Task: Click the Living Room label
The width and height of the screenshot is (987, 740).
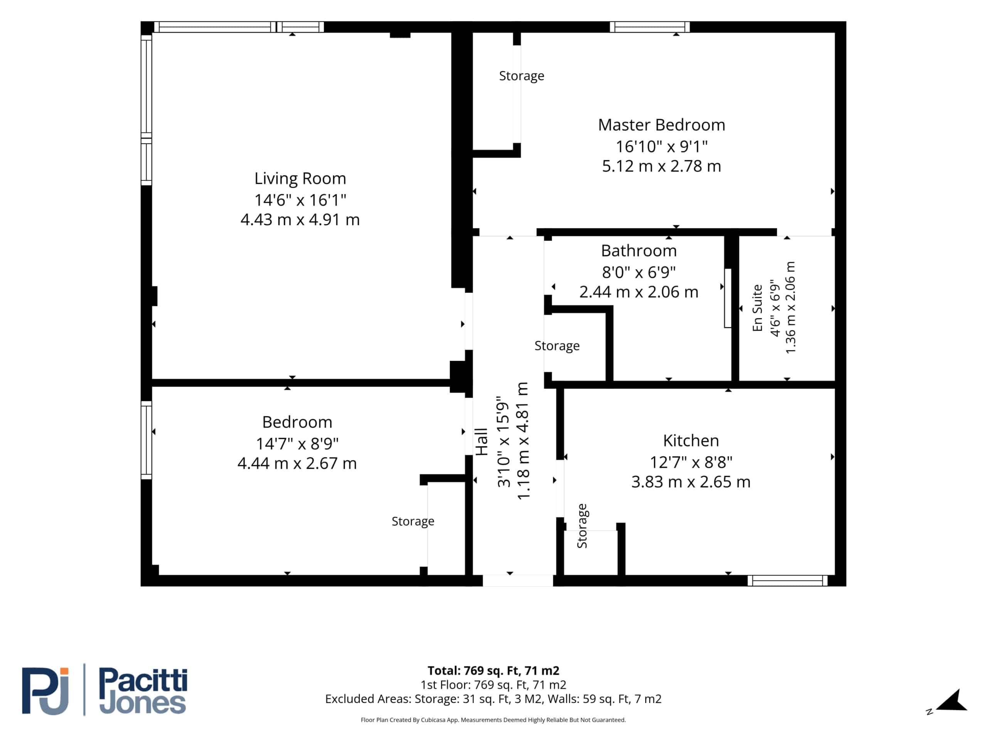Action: pyautogui.click(x=300, y=178)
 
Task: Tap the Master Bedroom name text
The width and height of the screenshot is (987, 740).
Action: pyautogui.click(x=661, y=125)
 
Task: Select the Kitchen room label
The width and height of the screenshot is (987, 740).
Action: pyautogui.click(x=691, y=441)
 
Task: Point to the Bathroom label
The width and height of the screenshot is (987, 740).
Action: pyautogui.click(x=638, y=251)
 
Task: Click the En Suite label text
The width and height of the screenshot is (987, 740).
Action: pyautogui.click(x=757, y=308)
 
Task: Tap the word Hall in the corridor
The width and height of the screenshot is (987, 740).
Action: pyautogui.click(x=482, y=442)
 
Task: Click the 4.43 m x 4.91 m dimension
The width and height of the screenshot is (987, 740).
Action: pyautogui.click(x=300, y=219)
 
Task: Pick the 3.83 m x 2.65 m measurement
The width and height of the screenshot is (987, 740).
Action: pyautogui.click(x=691, y=482)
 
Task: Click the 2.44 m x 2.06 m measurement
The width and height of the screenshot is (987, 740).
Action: pyautogui.click(x=638, y=292)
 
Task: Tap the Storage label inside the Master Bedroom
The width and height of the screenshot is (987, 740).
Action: pyautogui.click(x=522, y=76)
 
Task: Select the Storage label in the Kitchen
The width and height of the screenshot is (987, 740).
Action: pyautogui.click(x=582, y=526)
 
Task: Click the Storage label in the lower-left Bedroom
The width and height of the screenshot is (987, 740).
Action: pyautogui.click(x=413, y=521)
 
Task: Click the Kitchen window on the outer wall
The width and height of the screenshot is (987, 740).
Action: pyautogui.click(x=788, y=580)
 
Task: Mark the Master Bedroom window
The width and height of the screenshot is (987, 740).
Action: pyautogui.click(x=650, y=27)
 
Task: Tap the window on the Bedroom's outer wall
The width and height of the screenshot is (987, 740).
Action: pyautogui.click(x=147, y=440)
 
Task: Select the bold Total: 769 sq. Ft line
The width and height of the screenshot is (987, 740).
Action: pyautogui.click(x=493, y=670)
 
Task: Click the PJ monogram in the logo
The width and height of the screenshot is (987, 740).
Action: pyautogui.click(x=45, y=691)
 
